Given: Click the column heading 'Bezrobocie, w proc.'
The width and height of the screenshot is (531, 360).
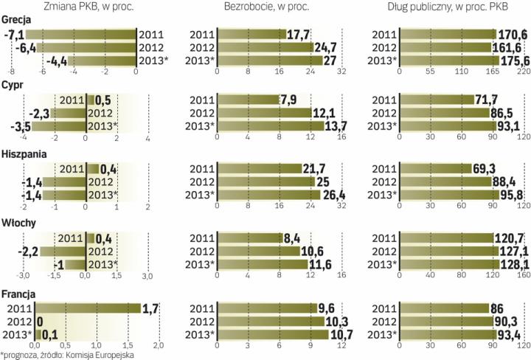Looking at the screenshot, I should [x=266, y=7].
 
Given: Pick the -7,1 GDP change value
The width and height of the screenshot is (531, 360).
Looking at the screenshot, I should [x=15, y=34].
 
